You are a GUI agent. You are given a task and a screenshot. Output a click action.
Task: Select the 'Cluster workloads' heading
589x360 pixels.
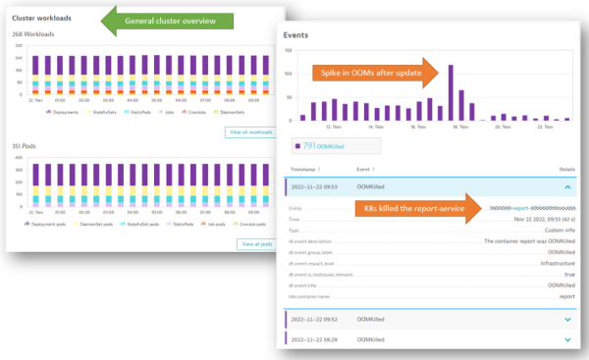pyautogui.click(x=46, y=18)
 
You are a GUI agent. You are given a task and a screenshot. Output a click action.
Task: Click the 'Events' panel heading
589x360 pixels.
pyautogui.click(x=296, y=34)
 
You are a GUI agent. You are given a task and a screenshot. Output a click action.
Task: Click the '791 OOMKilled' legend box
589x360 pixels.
pyautogui.click(x=319, y=146)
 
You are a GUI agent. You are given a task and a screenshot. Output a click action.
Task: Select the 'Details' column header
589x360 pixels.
pyautogui.click(x=563, y=170)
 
